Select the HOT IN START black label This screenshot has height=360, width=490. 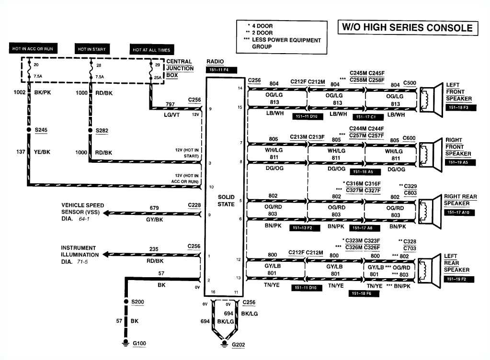click(91, 49)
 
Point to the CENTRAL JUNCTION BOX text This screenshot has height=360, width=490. click(180, 68)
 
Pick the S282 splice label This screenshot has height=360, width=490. click(102, 130)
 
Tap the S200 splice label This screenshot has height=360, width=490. click(137, 302)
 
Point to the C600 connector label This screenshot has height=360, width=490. click(409, 138)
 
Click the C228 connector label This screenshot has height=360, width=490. click(194, 205)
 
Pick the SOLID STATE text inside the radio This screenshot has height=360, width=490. click(226, 201)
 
